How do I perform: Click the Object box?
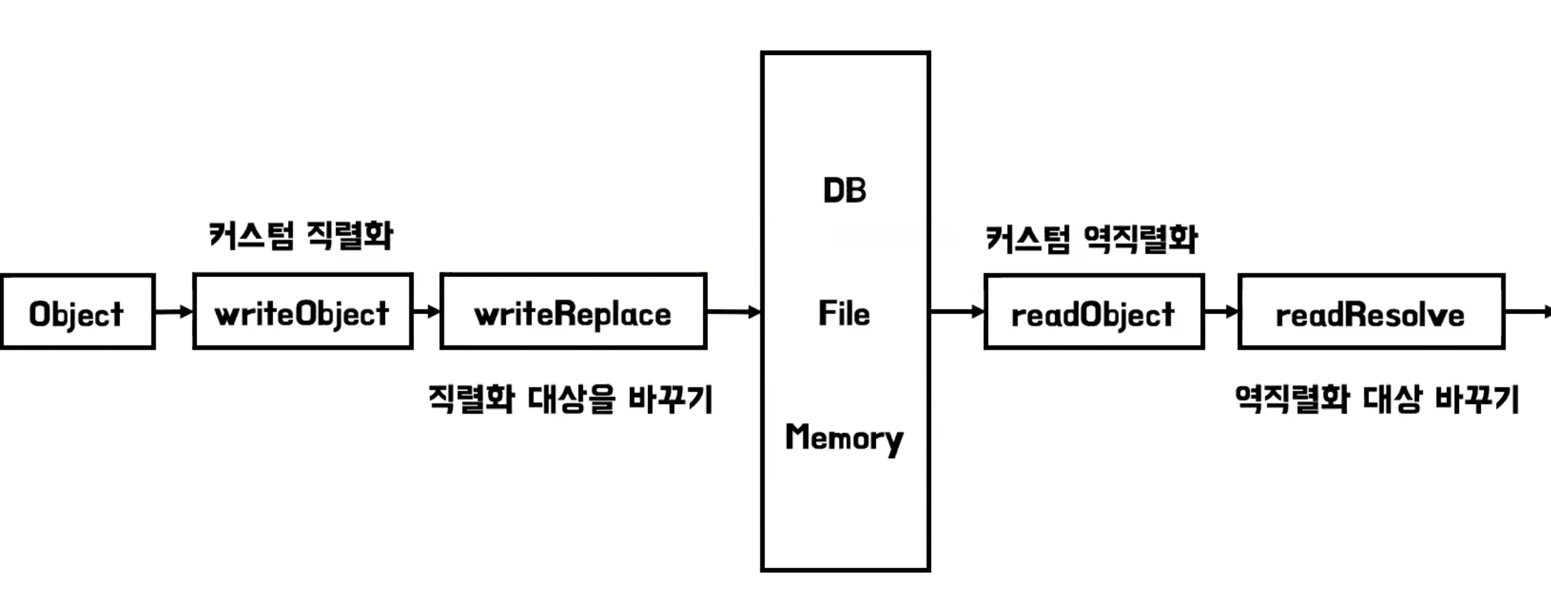pyautogui.click(x=77, y=312)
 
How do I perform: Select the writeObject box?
pyautogui.click(x=302, y=312)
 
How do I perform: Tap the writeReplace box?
pyautogui.click(x=573, y=312)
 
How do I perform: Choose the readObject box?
pyautogui.click(x=1093, y=312)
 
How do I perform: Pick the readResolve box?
pyautogui.click(x=1371, y=312)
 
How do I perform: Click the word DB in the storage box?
pyautogui.click(x=845, y=190)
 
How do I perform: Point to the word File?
pyautogui.click(x=844, y=313)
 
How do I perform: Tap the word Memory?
pyautogui.click(x=844, y=437)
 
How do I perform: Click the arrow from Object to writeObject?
pyautogui.click(x=174, y=311)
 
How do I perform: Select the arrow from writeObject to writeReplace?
pyautogui.click(x=427, y=311)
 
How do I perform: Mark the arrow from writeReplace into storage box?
pyautogui.click(x=733, y=311)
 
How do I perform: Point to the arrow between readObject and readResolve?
pyautogui.click(x=1221, y=311)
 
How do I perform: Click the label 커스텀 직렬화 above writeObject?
pyautogui.click(x=300, y=235)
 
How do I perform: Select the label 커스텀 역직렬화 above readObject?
pyautogui.click(x=1091, y=239)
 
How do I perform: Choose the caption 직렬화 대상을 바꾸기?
pyautogui.click(x=570, y=399)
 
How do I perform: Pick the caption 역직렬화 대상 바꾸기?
pyautogui.click(x=1377, y=399)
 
